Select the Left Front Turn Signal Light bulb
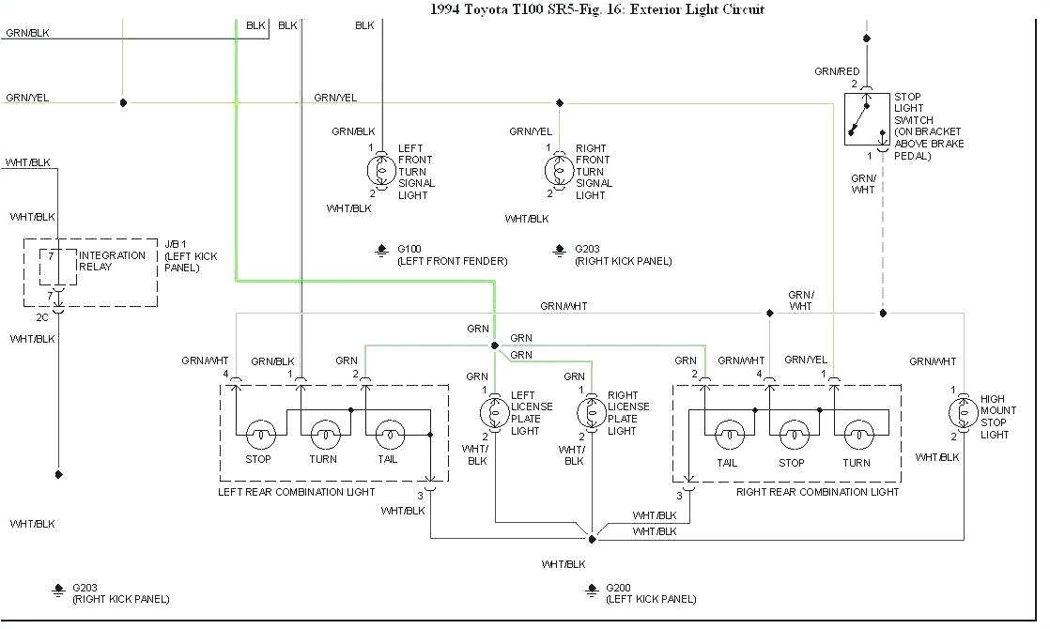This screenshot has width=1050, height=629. click(x=380, y=171)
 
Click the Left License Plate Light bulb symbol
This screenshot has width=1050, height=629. click(x=494, y=412)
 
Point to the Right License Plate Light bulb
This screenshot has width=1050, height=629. click(x=590, y=412)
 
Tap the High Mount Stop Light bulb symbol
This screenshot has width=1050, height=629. click(x=962, y=412)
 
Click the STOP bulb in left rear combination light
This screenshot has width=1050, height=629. click(x=258, y=435)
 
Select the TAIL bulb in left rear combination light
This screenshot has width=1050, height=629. click(x=388, y=435)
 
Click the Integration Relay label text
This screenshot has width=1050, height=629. click(x=112, y=261)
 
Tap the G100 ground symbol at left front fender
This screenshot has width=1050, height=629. click(x=381, y=250)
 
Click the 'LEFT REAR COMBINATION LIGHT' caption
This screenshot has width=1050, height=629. click(x=297, y=492)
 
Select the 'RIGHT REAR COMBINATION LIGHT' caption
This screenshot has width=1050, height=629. click(x=817, y=492)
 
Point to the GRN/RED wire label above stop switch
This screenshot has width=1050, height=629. click(x=837, y=71)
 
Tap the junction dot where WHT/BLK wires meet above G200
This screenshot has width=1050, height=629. click(x=592, y=539)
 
